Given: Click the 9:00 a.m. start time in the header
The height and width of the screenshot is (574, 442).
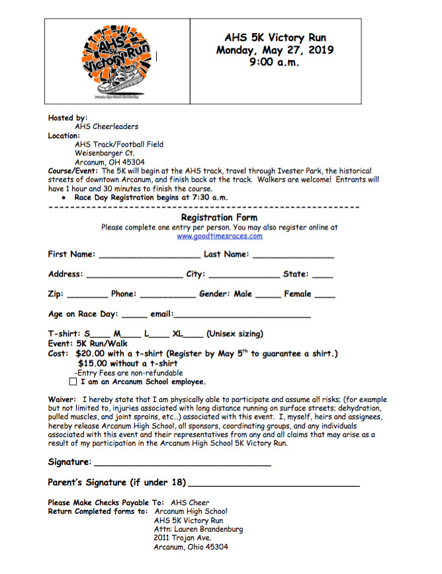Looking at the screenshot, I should [x=275, y=63].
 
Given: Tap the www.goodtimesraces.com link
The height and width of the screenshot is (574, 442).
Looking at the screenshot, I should [x=219, y=236].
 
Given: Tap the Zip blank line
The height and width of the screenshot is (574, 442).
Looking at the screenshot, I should [x=87, y=296].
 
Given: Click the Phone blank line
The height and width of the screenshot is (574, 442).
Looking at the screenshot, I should [x=167, y=296].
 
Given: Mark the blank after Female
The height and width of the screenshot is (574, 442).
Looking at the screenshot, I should [x=324, y=296].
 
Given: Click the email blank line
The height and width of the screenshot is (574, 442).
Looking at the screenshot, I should [x=242, y=315].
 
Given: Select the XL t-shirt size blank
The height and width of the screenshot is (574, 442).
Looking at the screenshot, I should [x=194, y=335].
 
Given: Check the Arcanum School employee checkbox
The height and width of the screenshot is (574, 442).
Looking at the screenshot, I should [x=73, y=382].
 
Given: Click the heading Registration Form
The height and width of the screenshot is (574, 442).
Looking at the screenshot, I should [x=219, y=217].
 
